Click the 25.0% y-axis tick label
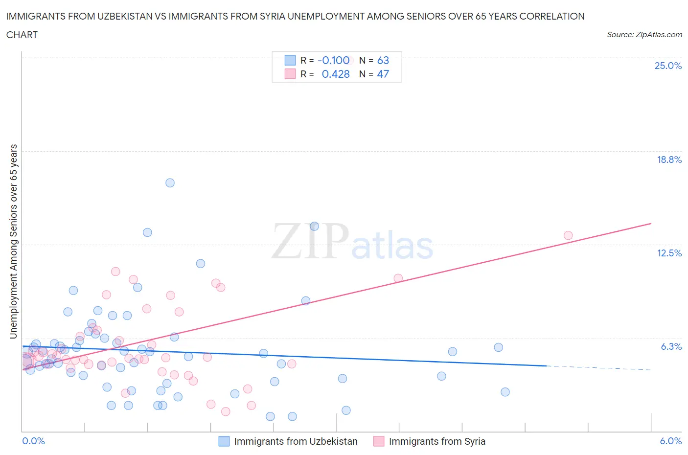668,66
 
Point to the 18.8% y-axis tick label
669,159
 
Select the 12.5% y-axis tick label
669,253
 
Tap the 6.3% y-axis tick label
671,346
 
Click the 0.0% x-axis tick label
33,441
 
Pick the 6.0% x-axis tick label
670,441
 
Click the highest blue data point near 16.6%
170,183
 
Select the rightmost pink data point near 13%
568,235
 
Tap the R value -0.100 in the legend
333,60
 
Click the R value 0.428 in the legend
336,74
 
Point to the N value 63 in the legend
383,60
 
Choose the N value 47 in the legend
383,74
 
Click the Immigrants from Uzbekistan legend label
296,441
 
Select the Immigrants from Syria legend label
436,441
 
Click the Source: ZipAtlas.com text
644,34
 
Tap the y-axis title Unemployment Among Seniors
13,242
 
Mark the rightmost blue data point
505,392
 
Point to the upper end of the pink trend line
651,224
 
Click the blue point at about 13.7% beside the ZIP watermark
314,226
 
